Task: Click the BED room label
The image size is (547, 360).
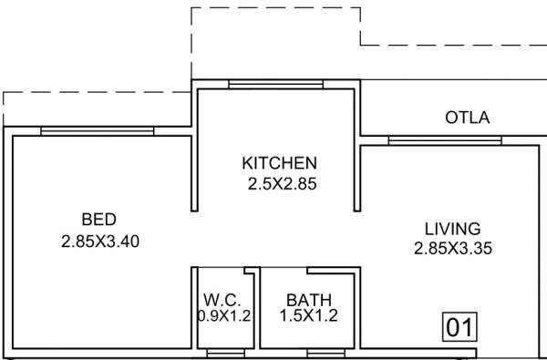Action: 98,219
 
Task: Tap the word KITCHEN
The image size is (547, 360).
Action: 279,163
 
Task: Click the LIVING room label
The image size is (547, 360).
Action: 452,228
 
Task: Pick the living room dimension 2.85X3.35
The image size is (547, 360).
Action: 453,248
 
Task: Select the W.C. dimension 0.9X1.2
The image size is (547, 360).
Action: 223,316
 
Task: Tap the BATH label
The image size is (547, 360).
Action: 308,300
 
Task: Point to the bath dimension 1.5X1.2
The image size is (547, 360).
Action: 309,316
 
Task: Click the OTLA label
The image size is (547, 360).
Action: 467,118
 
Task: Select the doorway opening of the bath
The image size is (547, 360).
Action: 284,271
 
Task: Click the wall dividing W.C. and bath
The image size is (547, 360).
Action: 256,310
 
